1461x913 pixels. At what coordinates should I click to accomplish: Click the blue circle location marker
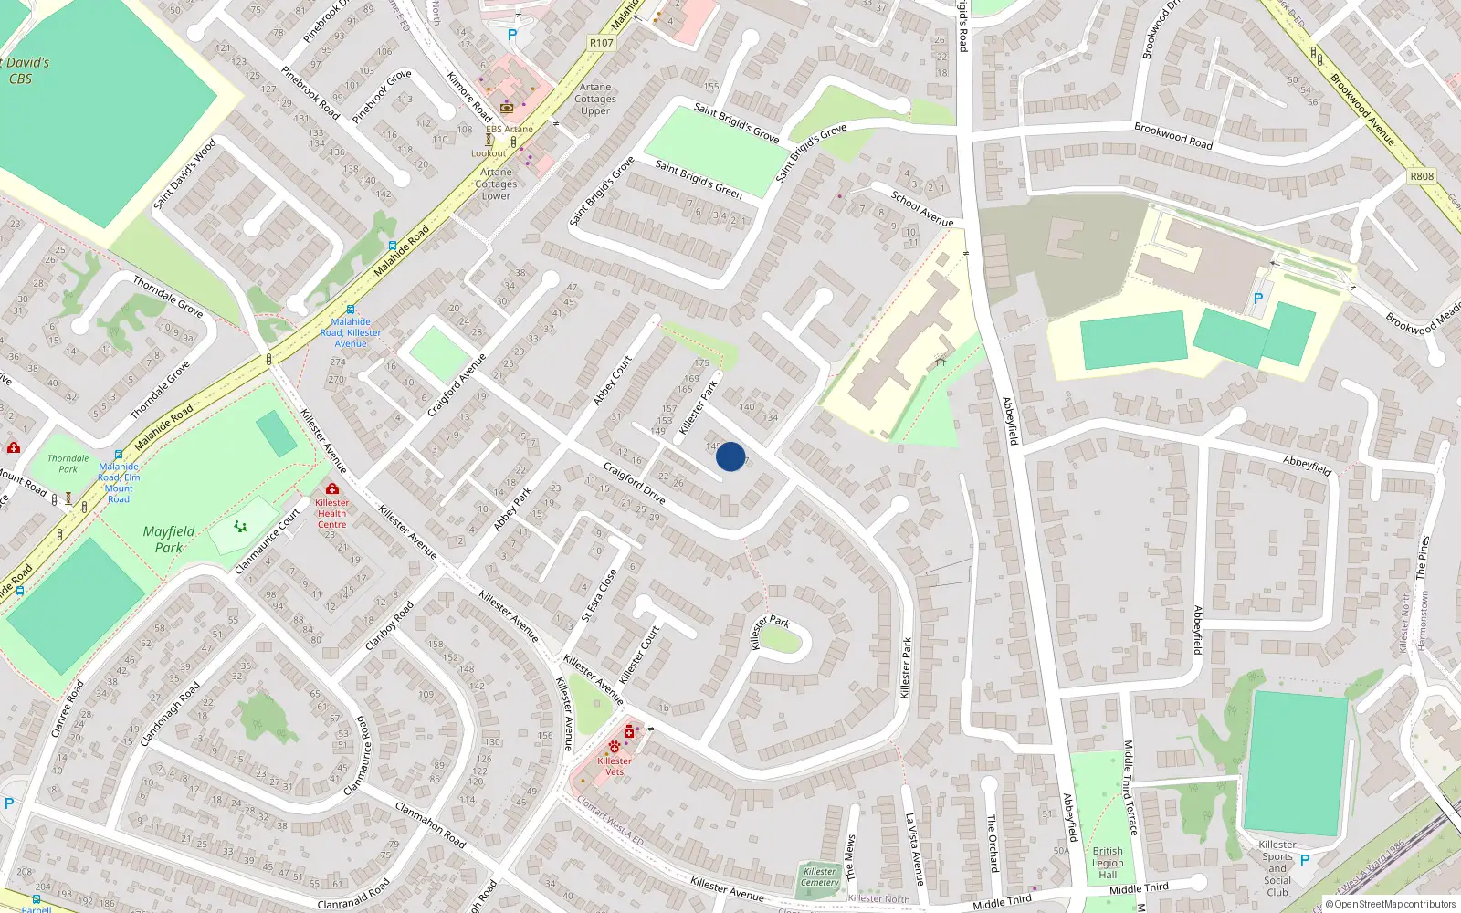click(730, 456)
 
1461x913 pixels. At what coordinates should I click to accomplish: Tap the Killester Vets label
click(615, 766)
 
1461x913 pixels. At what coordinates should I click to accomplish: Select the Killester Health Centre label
click(331, 513)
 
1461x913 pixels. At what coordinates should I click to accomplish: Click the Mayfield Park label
click(169, 539)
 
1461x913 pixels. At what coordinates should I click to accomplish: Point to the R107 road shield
click(601, 43)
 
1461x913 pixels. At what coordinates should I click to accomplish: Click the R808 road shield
click(1422, 176)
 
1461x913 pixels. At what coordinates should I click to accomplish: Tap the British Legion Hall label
click(1108, 863)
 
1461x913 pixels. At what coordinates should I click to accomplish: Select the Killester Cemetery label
click(819, 876)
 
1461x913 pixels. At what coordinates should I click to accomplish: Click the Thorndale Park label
click(68, 464)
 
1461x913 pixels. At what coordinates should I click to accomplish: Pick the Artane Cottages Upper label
click(595, 99)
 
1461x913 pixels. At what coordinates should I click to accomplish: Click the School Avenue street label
click(921, 209)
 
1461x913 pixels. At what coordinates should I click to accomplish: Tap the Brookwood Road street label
click(1173, 135)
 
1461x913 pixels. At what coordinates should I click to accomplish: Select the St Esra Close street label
click(600, 595)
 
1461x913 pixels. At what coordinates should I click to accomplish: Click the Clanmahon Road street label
click(430, 824)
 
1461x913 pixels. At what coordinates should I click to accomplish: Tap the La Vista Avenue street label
click(914, 849)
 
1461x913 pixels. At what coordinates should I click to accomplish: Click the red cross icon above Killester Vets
click(629, 732)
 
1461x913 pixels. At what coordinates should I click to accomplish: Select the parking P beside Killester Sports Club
click(1305, 859)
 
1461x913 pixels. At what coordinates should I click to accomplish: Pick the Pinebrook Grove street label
click(382, 97)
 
